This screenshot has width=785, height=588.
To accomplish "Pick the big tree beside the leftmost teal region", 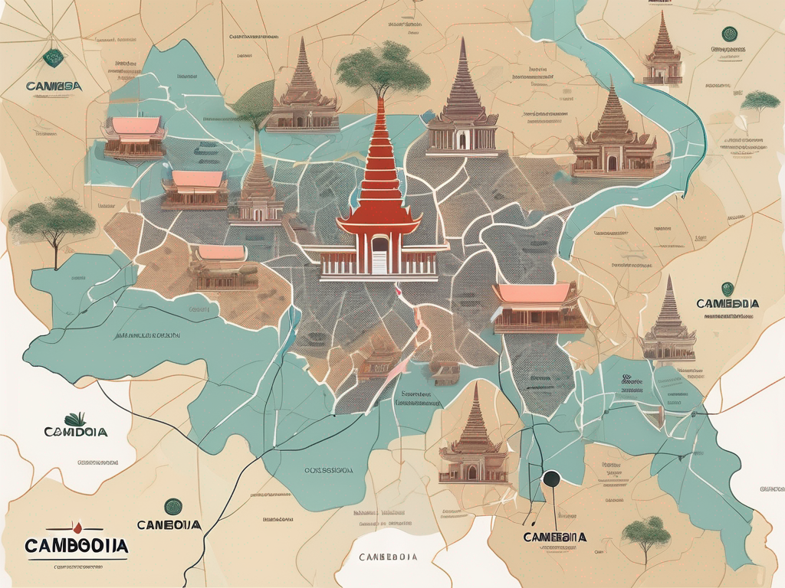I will coord(58,222).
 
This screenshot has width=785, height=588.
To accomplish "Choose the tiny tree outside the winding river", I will coord(761,101).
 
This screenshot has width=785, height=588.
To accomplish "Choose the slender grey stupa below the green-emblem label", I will coord(668,322).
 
